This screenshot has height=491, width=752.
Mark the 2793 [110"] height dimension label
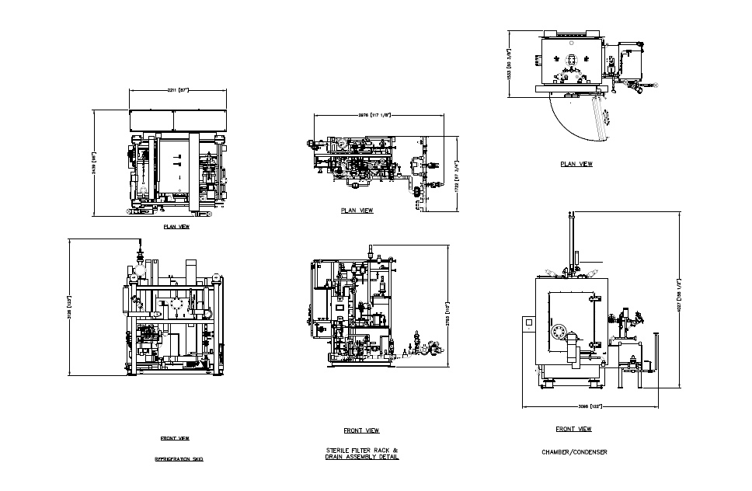click(449, 308)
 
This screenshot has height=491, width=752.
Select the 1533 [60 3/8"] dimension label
click(509, 64)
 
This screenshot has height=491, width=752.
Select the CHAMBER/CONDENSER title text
click(574, 451)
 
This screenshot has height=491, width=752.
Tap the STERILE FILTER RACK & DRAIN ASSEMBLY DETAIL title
click(361, 454)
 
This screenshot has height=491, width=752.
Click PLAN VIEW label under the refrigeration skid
click(176, 228)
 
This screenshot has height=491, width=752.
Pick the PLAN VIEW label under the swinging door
click(576, 164)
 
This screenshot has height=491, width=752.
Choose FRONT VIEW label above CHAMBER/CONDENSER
click(573, 429)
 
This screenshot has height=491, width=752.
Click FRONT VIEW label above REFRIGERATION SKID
click(175, 438)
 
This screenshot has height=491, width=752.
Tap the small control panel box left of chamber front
click(530, 322)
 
